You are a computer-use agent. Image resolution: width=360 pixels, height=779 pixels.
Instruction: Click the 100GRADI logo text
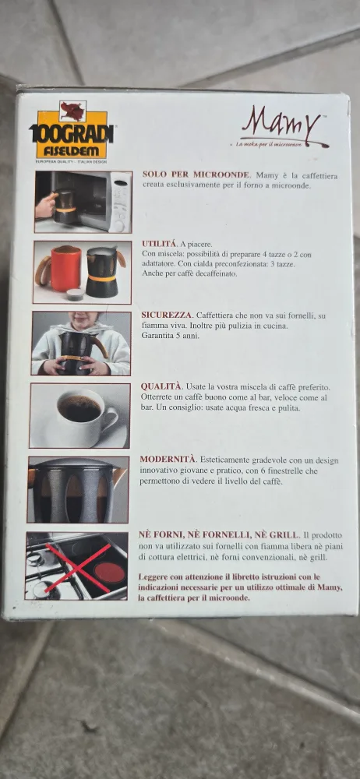[x=72, y=133]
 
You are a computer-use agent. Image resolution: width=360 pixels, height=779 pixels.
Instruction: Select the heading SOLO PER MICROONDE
[x=195, y=175]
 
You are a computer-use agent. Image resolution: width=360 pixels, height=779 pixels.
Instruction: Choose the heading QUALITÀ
[x=161, y=386]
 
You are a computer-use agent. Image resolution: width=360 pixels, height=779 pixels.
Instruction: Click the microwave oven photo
[x=83, y=202]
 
